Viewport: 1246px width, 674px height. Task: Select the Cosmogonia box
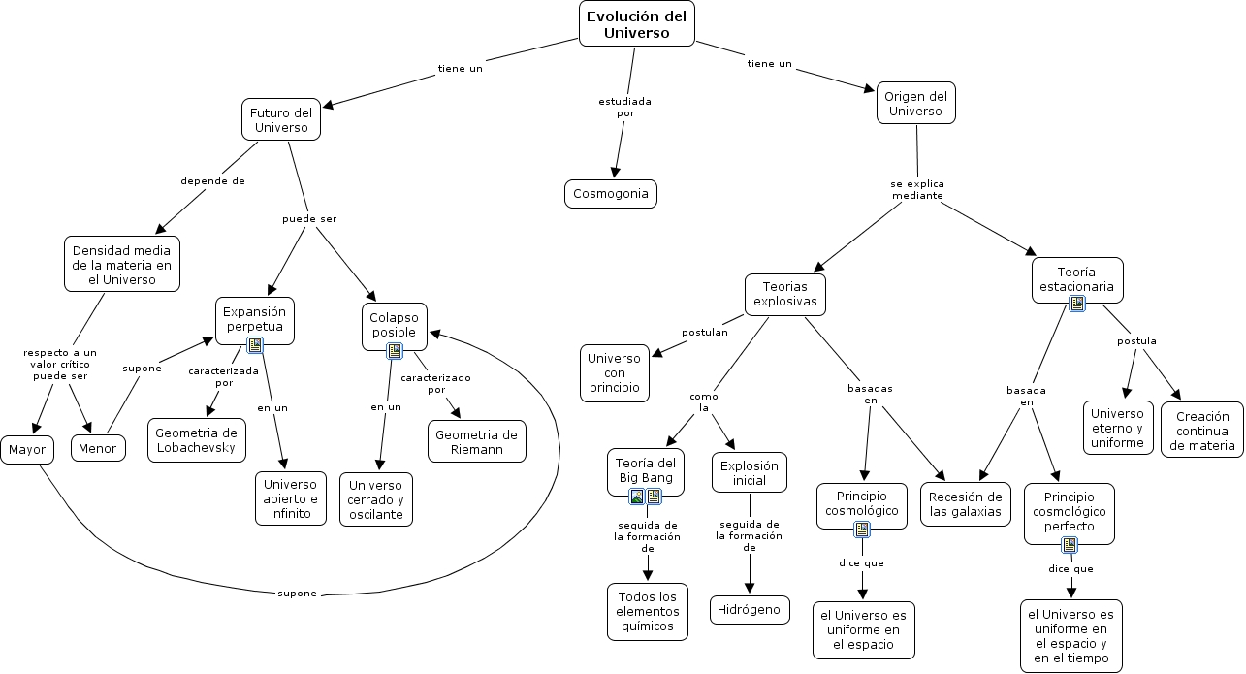(611, 194)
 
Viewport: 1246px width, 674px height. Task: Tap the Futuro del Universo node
(280, 119)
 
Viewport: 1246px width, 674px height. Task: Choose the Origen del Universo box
(915, 103)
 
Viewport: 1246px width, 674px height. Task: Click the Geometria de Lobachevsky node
(196, 440)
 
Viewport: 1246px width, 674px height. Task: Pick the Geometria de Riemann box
(476, 441)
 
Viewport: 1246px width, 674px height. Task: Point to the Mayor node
(26, 450)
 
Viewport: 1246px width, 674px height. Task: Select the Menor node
(98, 448)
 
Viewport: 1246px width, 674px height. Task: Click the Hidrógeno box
(750, 610)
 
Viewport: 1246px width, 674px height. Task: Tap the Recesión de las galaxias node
(965, 504)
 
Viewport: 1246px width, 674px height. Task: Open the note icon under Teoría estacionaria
(1076, 304)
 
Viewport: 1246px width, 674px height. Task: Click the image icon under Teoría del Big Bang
(637, 497)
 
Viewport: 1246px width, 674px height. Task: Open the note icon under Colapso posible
(395, 350)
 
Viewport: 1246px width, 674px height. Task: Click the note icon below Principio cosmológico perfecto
(1070, 545)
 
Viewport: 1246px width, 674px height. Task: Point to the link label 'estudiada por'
(624, 107)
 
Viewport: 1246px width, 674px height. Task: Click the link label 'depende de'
(212, 180)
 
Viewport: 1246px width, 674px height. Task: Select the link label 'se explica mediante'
(917, 189)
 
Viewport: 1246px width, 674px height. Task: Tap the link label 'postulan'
(704, 332)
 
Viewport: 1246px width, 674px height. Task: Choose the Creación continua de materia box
(1202, 431)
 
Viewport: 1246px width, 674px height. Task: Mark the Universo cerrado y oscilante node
(375, 499)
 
